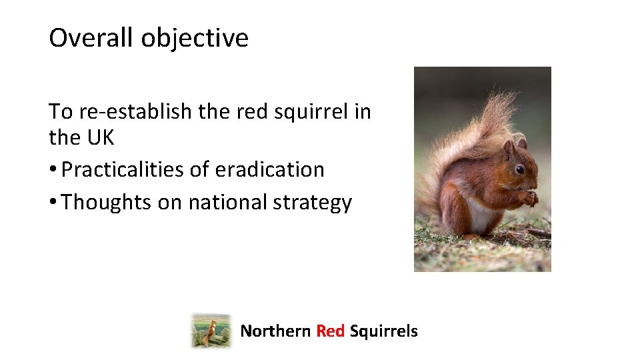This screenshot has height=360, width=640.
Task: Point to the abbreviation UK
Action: pyautogui.click(x=100, y=138)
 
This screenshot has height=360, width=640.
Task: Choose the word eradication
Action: pyautogui.click(x=269, y=170)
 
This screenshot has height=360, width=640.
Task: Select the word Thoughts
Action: pyautogui.click(x=107, y=202)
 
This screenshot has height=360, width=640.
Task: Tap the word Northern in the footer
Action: pyautogui.click(x=275, y=331)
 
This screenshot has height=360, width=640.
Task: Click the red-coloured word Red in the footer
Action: pyautogui.click(x=330, y=331)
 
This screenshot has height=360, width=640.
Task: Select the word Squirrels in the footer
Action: pyautogui.click(x=383, y=331)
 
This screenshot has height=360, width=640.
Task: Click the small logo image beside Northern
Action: pyautogui.click(x=211, y=331)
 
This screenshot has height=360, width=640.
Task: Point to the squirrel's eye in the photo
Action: pyautogui.click(x=519, y=169)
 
